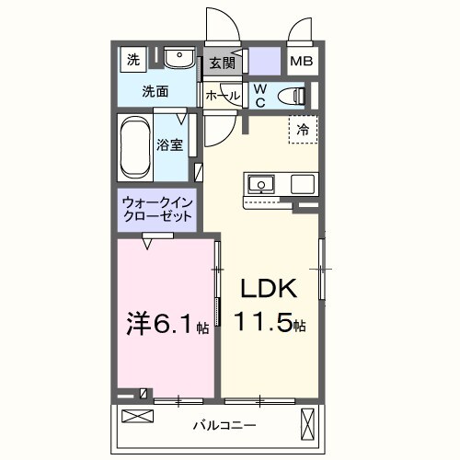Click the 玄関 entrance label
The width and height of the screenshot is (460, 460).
click(221, 63)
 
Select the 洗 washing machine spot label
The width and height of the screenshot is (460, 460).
click(133, 61)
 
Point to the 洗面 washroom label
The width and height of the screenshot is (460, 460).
click(155, 92)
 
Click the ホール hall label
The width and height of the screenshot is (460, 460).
click(223, 96)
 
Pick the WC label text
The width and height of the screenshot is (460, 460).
click(260, 94)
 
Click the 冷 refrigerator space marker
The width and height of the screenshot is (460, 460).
click(303, 130)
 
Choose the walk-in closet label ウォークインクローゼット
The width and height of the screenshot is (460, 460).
click(156, 209)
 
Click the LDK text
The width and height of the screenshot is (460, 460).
click(268, 290)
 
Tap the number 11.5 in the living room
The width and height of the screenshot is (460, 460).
click(265, 324)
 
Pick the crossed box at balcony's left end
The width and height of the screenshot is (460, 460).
click(134, 417)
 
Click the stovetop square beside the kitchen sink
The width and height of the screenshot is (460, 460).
click(304, 184)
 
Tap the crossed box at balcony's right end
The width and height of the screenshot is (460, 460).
click(308, 425)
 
